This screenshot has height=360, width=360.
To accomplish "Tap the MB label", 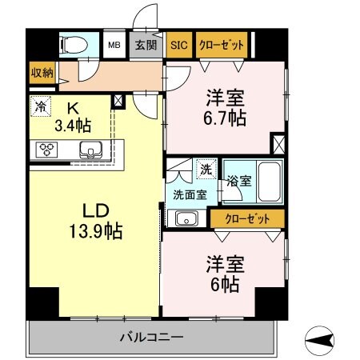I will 114,46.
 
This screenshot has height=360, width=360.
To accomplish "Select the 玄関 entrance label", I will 145,46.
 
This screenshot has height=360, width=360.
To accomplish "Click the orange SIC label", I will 179,46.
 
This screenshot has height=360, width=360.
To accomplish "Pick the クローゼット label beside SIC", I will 220,46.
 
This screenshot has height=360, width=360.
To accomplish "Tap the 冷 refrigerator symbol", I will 40,105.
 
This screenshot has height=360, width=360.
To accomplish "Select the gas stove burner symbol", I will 47,148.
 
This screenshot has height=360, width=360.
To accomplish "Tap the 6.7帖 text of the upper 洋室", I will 225,117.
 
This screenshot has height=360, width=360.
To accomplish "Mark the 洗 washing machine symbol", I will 206,170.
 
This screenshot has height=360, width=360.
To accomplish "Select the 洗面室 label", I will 189,193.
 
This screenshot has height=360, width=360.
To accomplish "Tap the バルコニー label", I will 152,336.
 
